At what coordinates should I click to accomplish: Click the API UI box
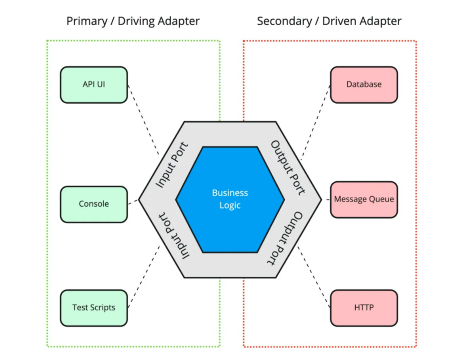point(93,85)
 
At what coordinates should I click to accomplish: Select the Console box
point(93,204)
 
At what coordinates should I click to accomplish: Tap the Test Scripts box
point(93,307)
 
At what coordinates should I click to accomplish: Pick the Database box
point(363,85)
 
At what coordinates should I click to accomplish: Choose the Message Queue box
point(363,200)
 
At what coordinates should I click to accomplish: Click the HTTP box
point(363,307)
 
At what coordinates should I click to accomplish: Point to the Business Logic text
point(230,199)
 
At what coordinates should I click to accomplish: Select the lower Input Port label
point(173,235)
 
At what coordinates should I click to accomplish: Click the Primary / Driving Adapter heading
point(133,21)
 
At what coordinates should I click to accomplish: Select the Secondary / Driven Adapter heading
point(329,21)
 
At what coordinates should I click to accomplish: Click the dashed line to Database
point(315,122)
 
